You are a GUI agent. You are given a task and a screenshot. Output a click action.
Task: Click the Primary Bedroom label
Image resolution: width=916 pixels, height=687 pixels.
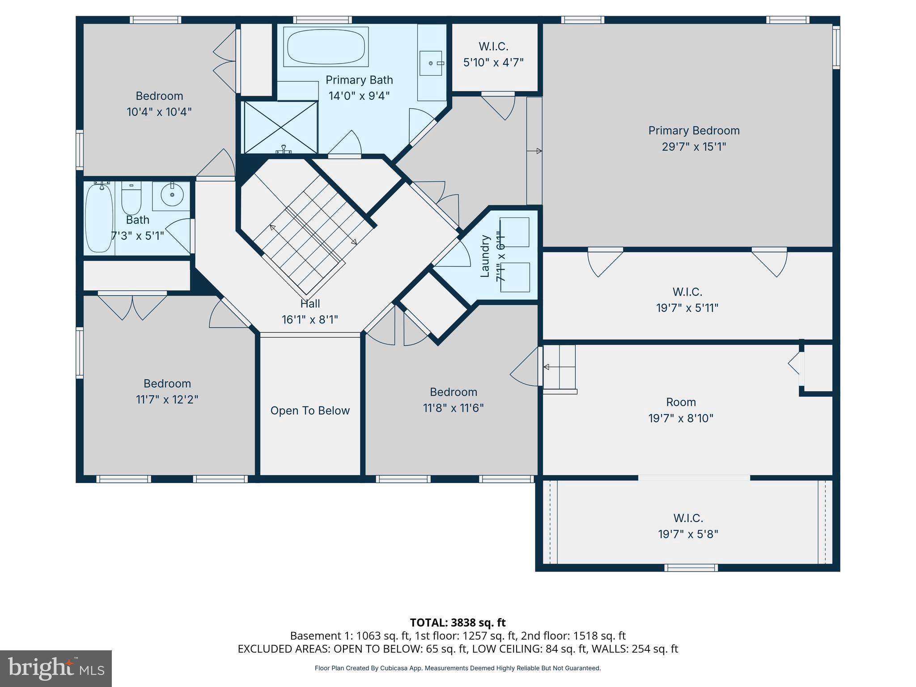point(694,131)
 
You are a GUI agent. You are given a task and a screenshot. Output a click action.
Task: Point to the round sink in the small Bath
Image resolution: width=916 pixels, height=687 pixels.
point(171,195)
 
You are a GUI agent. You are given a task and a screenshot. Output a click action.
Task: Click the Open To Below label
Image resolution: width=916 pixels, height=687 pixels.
point(310,411)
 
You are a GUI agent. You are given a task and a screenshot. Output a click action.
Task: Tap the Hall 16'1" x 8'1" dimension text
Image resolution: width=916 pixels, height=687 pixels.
point(310,320)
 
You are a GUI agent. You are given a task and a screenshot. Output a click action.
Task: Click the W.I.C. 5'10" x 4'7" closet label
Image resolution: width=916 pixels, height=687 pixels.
point(493,55)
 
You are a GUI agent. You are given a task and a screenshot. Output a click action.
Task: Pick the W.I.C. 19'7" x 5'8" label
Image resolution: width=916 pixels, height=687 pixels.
point(688,526)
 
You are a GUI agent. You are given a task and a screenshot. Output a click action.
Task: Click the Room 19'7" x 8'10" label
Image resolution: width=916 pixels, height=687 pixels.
point(681,410)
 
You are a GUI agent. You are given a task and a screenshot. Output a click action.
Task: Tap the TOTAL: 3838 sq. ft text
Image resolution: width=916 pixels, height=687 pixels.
point(458,623)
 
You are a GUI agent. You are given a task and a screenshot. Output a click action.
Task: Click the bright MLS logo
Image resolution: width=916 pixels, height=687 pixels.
point(56,668)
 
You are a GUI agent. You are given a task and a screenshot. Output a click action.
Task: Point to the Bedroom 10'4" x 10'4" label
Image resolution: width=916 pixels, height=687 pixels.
point(159,104)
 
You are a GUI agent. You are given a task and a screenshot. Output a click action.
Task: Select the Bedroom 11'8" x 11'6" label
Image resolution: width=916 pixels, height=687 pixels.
point(453,400)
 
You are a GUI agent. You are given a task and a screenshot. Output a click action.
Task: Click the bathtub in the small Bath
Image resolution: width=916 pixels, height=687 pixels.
point(99,218)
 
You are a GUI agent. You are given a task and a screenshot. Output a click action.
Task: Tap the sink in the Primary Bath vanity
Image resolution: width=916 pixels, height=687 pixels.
point(431,63)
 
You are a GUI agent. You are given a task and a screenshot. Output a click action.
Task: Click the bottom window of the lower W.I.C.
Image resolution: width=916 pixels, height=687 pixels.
point(691,568)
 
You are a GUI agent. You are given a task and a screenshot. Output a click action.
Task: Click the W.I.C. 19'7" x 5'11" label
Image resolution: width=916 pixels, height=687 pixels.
point(687,300)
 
